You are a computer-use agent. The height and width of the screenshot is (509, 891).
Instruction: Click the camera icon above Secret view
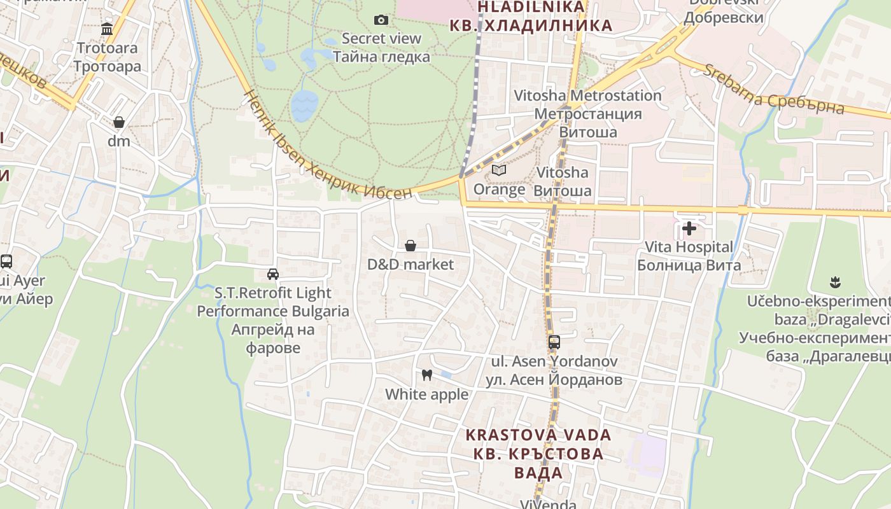381,20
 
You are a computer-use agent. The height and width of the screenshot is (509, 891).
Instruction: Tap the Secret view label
381,47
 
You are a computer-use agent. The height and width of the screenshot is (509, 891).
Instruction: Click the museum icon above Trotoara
107,29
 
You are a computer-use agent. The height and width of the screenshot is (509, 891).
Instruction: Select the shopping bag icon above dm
119,122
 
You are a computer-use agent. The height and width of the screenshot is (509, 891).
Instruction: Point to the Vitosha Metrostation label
587,113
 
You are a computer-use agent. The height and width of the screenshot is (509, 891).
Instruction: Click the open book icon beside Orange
499,171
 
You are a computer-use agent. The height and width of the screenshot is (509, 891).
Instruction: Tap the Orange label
499,189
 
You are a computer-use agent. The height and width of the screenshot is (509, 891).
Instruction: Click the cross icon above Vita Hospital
689,228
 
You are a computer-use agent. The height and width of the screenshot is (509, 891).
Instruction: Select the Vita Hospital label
689,255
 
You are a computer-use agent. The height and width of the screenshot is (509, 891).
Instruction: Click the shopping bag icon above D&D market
410,246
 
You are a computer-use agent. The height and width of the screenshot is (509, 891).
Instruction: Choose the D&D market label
410,264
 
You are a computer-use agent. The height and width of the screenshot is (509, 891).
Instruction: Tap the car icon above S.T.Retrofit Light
273,274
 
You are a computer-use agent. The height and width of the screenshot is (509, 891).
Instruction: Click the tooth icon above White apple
427,375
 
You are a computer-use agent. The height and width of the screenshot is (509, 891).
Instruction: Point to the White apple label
427,394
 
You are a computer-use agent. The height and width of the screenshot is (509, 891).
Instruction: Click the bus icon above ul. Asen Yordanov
554,342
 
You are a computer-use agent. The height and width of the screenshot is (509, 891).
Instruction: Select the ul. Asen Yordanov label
554,370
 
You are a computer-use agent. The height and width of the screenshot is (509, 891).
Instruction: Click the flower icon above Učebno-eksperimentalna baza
835,281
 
